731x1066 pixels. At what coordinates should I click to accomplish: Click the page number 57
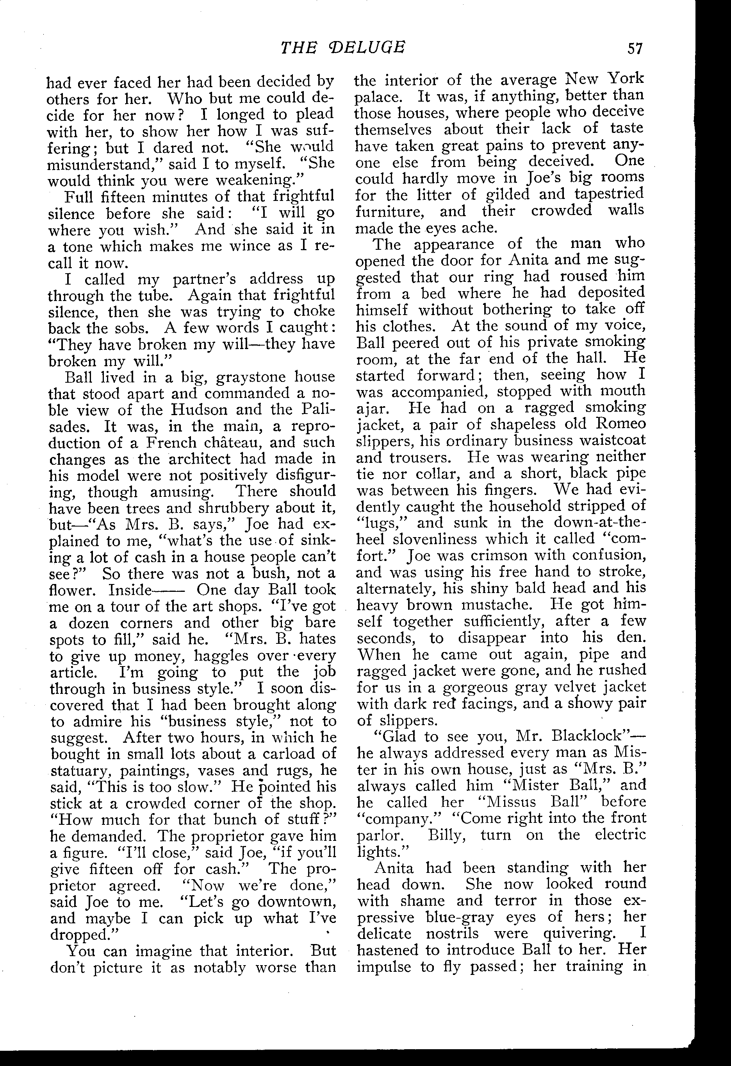pos(635,48)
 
